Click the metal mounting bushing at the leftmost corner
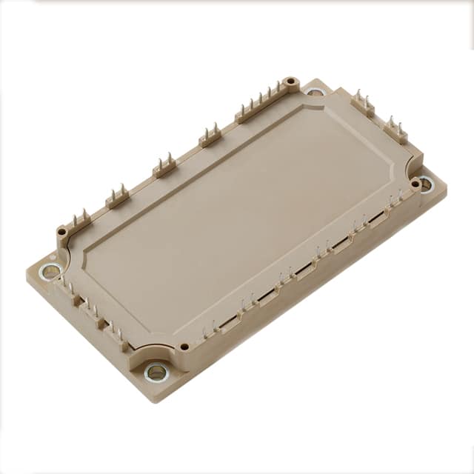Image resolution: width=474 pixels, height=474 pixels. [50, 272]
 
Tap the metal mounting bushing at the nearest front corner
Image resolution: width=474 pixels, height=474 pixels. [156, 372]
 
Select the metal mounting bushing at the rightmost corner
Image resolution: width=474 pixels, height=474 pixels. [427, 183]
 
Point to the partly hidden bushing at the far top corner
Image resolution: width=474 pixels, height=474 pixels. [316, 93]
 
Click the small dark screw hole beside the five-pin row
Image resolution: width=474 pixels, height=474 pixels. [292, 82]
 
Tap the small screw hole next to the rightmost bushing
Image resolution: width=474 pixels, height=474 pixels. [415, 182]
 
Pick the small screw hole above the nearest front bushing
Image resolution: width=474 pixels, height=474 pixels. [184, 346]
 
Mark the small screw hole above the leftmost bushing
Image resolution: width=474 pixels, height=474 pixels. [63, 233]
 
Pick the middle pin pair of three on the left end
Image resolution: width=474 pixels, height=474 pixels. [92, 309]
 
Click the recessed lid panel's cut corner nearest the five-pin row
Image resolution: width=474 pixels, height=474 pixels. [307, 108]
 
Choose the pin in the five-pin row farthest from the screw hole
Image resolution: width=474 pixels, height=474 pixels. [241, 110]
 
